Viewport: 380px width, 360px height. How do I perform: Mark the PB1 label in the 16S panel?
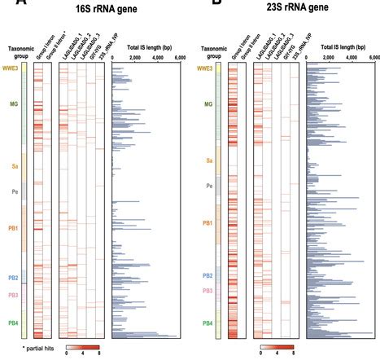point(13,228)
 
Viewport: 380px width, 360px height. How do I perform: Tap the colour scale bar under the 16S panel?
point(84,345)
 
